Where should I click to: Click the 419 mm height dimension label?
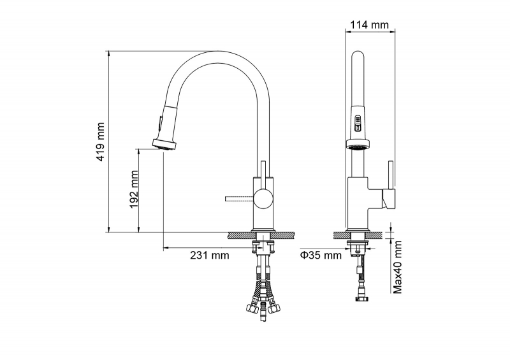[x=101, y=142]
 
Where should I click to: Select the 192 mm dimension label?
[x=134, y=190]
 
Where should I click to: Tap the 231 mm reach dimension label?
[x=210, y=256]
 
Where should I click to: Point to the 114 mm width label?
[x=369, y=25]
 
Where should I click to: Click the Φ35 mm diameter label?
[x=321, y=256]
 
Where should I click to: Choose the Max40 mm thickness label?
[x=397, y=267]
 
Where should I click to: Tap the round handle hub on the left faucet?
[x=264, y=199]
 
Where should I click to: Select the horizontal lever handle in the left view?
[x=240, y=199]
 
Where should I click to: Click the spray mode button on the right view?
[x=358, y=124]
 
